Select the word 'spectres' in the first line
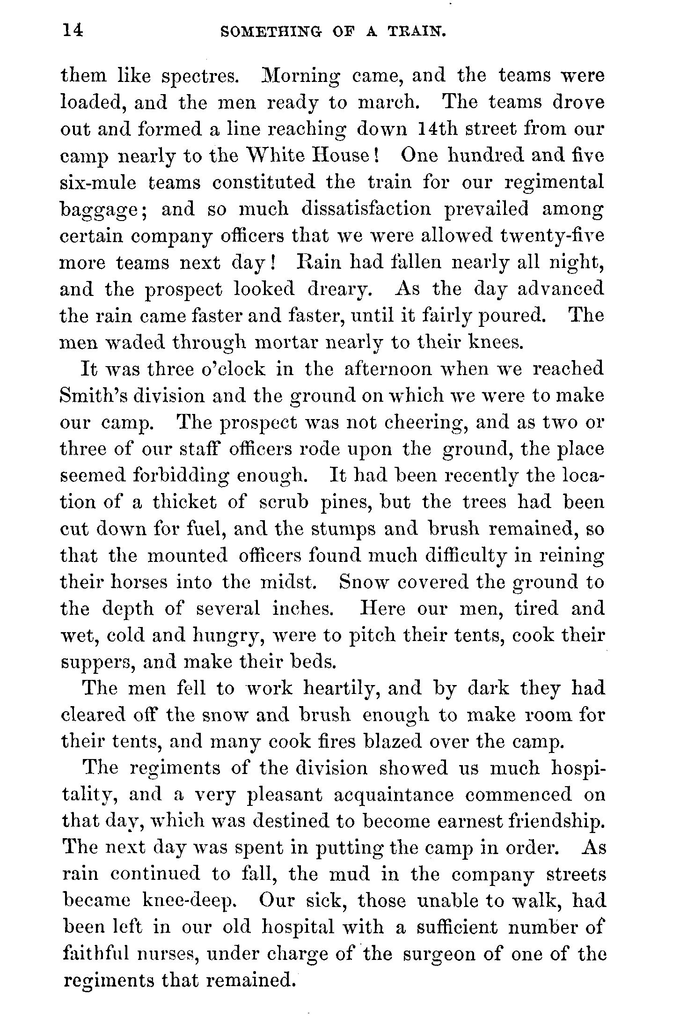click(x=201, y=76)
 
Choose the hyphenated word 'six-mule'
click(x=98, y=182)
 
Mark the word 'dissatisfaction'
click(x=366, y=208)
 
